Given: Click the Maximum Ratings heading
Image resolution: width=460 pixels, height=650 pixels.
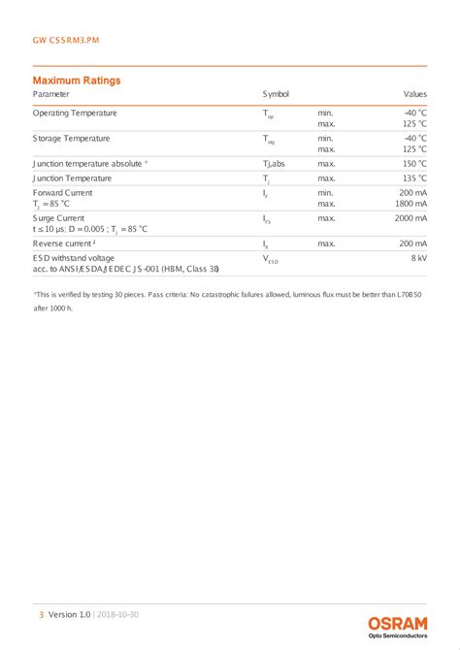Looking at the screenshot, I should [x=77, y=80].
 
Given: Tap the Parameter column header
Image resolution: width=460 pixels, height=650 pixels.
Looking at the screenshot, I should [x=51, y=94].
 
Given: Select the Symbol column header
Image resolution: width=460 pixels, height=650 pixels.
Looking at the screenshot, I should [x=276, y=94].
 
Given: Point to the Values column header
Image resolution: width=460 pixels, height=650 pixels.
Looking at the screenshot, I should [x=415, y=94].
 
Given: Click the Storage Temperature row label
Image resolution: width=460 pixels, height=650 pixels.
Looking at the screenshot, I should [x=72, y=139].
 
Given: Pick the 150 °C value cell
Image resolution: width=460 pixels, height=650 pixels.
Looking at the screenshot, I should [x=414, y=164].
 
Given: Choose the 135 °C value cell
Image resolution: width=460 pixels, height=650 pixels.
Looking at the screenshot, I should [x=414, y=179].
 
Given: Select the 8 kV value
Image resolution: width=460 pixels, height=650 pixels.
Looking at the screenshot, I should [x=419, y=259].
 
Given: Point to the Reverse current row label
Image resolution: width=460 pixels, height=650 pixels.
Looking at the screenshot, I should [x=64, y=244].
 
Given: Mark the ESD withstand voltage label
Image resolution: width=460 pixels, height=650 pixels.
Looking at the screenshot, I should [x=74, y=258].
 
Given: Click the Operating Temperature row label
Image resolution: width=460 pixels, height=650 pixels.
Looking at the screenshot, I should [x=75, y=114].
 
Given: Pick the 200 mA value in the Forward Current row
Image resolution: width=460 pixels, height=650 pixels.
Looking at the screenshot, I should [x=412, y=193].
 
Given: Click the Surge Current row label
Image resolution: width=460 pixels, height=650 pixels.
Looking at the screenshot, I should [x=59, y=218].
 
